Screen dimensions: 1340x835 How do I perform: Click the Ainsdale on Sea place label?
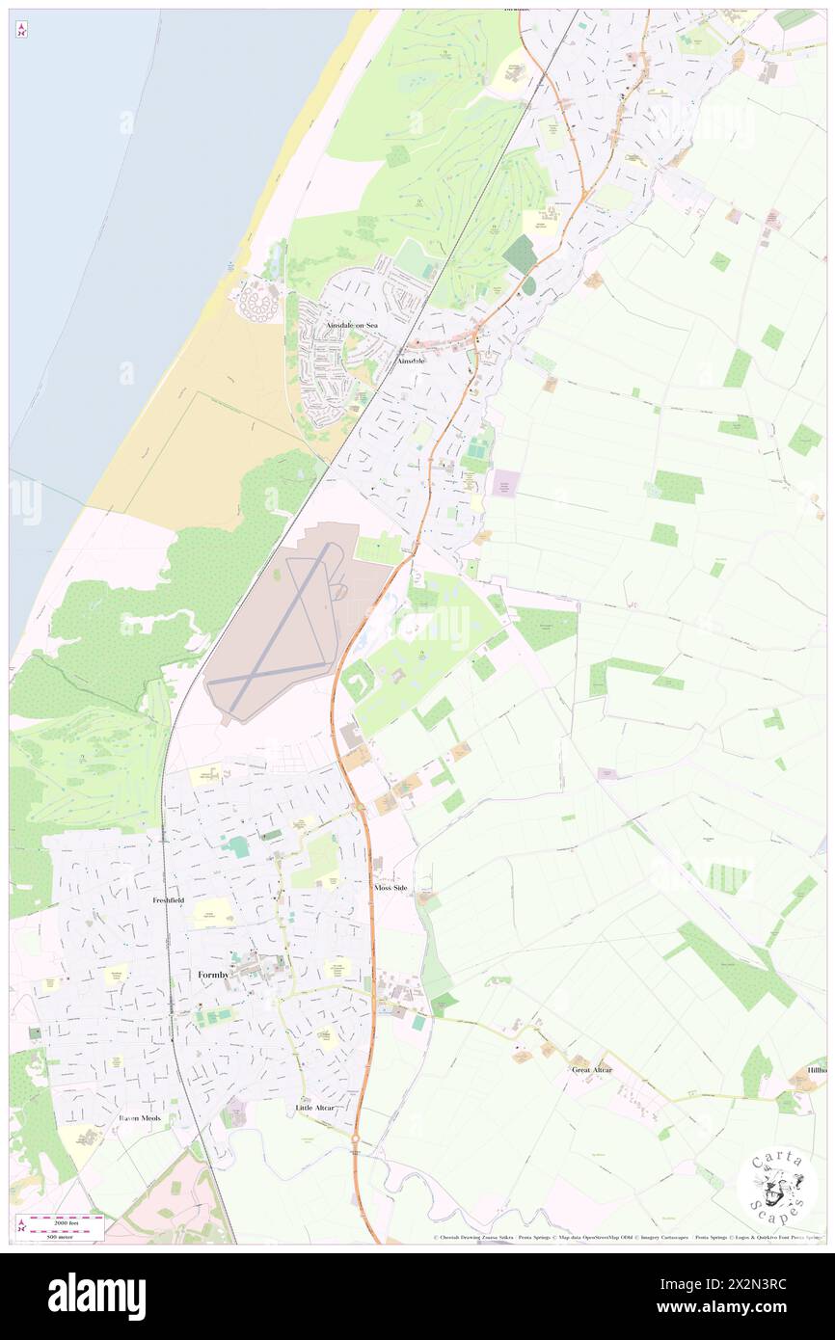(351, 326)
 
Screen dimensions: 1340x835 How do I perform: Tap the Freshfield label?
(168, 899)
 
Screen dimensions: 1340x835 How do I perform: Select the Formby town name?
(213, 975)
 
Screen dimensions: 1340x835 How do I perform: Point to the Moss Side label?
(391, 887)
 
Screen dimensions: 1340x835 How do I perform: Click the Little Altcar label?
(315, 1108)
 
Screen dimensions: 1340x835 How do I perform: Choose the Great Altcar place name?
(591, 1069)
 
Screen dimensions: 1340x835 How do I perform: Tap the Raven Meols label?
(140, 1117)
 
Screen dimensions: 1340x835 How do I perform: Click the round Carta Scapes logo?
(776, 1187)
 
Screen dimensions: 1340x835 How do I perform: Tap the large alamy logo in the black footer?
(96, 1297)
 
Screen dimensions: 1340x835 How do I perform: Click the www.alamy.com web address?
(754, 1309)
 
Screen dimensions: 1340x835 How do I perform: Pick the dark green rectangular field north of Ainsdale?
(521, 254)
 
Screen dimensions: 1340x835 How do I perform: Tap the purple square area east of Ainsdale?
(504, 483)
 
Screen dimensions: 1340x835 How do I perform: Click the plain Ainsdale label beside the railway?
(411, 361)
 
